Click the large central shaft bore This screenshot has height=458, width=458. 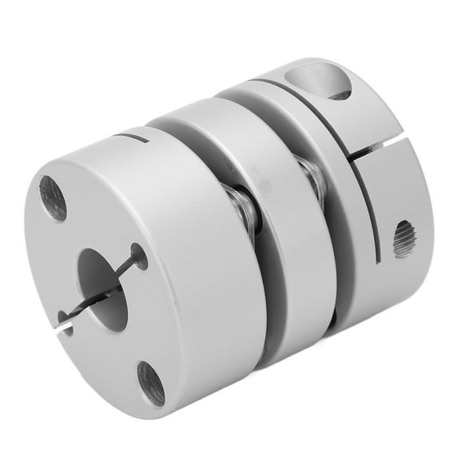point(102,290)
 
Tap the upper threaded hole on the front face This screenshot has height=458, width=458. point(54,198)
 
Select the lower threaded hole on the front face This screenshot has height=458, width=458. point(150,383)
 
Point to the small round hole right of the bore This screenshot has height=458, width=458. point(139,257)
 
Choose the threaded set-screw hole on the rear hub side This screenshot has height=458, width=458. point(404,239)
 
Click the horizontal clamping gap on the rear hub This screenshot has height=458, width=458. point(380,150)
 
